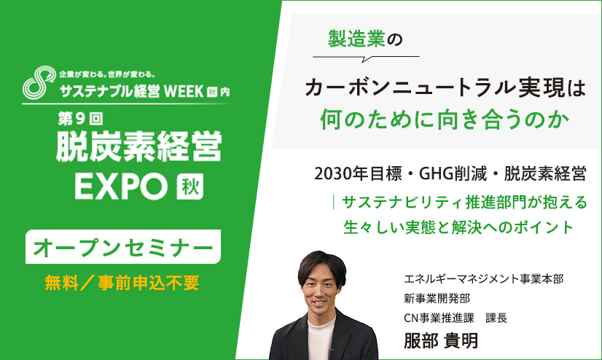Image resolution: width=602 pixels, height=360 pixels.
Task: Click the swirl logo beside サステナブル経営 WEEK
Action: point(39,82)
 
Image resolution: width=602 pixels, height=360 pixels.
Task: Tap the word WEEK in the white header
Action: point(184,91)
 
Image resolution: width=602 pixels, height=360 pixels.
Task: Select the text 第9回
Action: point(81,119)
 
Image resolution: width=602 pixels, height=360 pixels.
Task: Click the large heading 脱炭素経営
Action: point(139,146)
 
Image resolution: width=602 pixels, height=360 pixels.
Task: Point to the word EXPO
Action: point(121,186)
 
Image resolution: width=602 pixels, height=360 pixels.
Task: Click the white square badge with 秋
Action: point(189,187)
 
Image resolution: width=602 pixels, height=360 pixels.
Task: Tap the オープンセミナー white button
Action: point(123,247)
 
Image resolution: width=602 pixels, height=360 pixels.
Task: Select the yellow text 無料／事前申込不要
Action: point(122,283)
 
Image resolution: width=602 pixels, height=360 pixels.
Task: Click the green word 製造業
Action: point(356,39)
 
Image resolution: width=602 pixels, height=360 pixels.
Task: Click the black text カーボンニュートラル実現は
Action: point(445,88)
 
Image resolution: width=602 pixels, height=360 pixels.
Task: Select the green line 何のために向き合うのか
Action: point(445,120)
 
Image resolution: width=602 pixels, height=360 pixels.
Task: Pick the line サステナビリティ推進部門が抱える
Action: point(464,203)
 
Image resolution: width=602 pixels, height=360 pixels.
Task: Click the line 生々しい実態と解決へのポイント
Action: point(458,227)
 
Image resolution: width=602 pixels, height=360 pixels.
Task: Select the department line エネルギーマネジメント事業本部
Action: point(484,278)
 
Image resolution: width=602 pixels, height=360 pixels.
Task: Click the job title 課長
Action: point(496,318)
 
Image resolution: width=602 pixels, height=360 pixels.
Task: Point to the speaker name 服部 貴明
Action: point(441,340)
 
